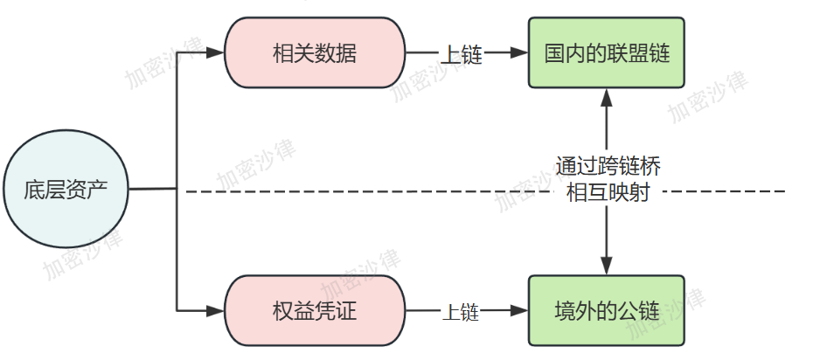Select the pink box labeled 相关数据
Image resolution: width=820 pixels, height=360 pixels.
(x=315, y=54)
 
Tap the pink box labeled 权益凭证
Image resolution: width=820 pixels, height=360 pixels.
(x=315, y=311)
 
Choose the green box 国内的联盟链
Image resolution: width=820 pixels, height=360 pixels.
(x=607, y=53)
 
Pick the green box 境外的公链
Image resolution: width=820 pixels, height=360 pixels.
(x=607, y=310)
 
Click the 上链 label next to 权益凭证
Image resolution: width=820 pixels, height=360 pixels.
(x=461, y=311)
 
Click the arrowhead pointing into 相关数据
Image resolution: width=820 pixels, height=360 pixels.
(x=217, y=54)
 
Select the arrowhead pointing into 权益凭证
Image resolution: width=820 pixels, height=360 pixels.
(x=217, y=310)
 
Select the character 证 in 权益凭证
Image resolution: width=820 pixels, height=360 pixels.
(x=346, y=311)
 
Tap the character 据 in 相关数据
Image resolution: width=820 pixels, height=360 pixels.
(x=346, y=54)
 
